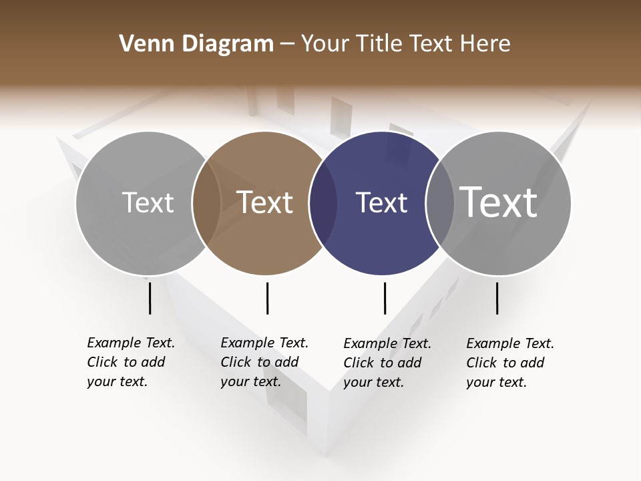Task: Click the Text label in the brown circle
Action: pyautogui.click(x=265, y=202)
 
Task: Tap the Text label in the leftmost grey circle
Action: pyautogui.click(x=148, y=202)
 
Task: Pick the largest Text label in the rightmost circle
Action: pyautogui.click(x=499, y=202)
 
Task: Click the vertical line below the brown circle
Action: pyautogui.click(x=267, y=298)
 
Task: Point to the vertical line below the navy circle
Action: pyautogui.click(x=385, y=298)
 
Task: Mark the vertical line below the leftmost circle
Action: pyautogui.click(x=150, y=298)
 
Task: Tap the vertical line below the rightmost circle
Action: pyautogui.click(x=497, y=298)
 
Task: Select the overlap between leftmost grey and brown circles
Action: pyautogui.click(x=206, y=203)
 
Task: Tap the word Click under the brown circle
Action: pyautogui.click(x=236, y=362)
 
